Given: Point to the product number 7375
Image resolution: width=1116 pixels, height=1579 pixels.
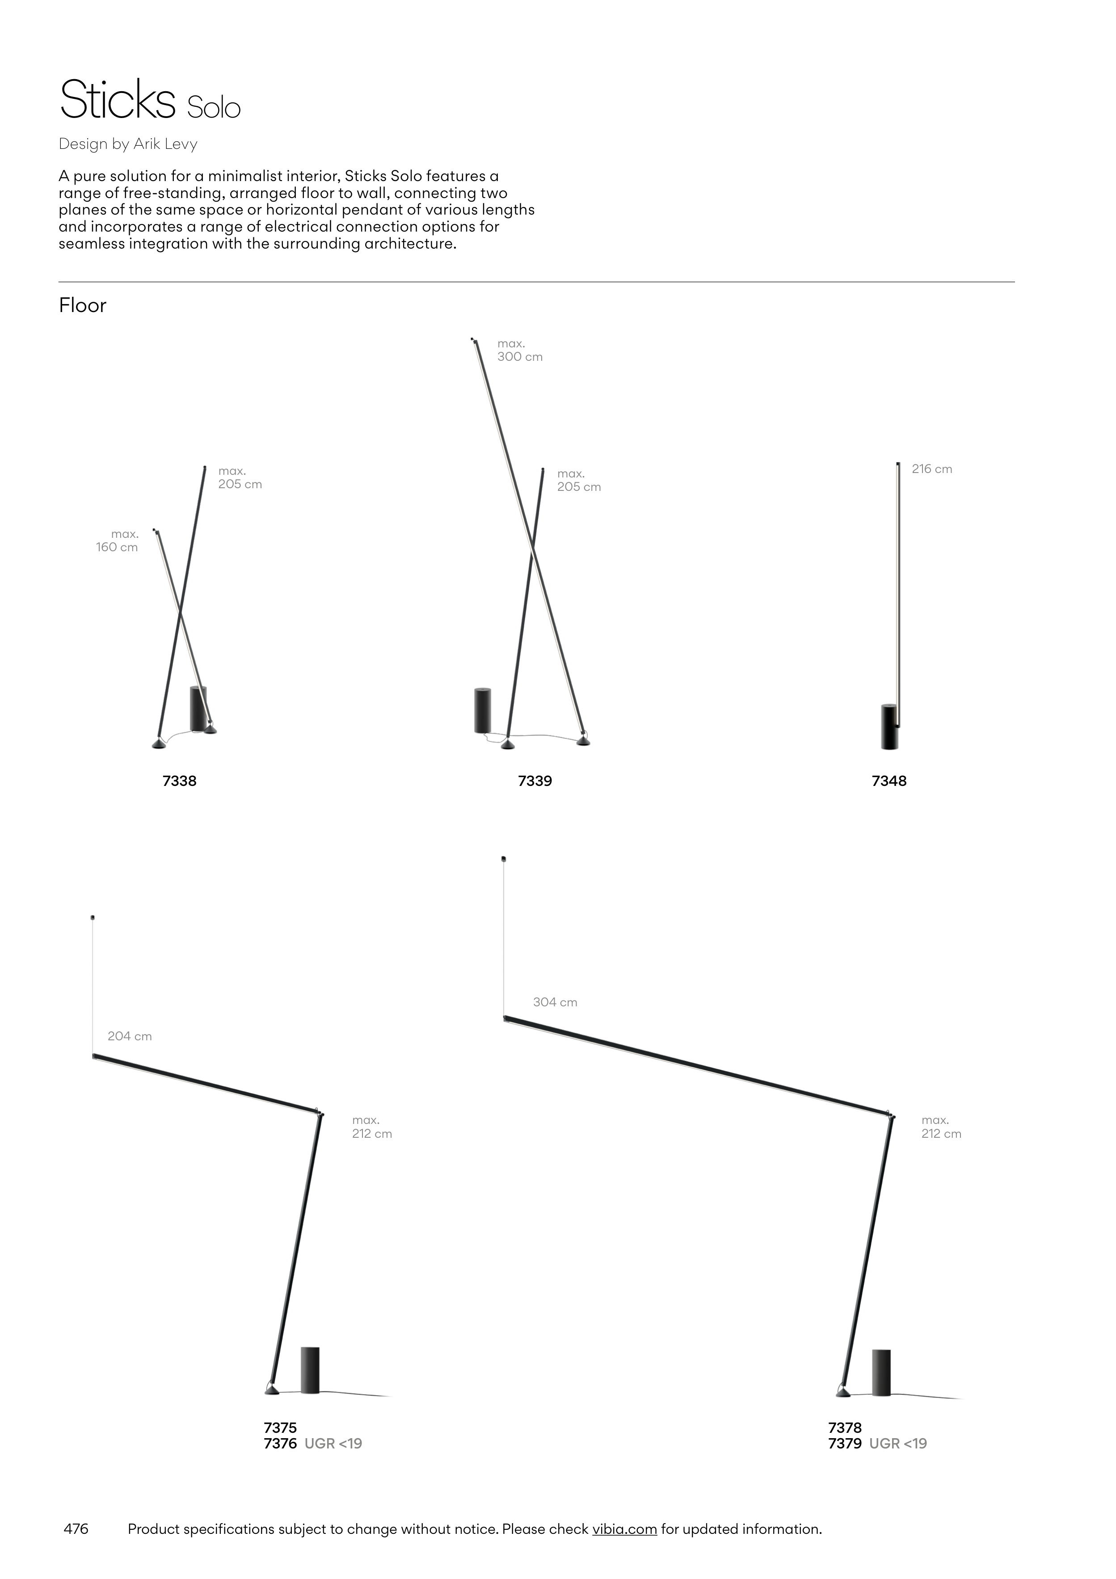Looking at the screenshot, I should click(281, 1428).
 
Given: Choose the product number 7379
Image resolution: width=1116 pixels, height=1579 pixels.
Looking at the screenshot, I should click(845, 1444).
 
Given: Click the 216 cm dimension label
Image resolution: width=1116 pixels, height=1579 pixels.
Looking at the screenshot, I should click(932, 469).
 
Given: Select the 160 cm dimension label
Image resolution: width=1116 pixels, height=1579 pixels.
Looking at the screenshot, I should click(117, 548).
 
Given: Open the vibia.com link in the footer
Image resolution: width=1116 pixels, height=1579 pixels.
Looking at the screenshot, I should click(624, 1529).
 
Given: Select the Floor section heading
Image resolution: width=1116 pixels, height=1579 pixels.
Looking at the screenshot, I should click(83, 305).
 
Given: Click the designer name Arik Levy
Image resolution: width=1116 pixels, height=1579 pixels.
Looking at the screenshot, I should click(166, 144).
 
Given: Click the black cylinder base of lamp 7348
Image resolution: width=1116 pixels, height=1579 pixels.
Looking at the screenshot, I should click(890, 728).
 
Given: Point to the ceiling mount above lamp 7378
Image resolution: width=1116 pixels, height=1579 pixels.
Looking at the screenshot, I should click(504, 858).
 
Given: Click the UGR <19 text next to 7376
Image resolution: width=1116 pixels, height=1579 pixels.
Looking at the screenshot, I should click(333, 1444).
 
